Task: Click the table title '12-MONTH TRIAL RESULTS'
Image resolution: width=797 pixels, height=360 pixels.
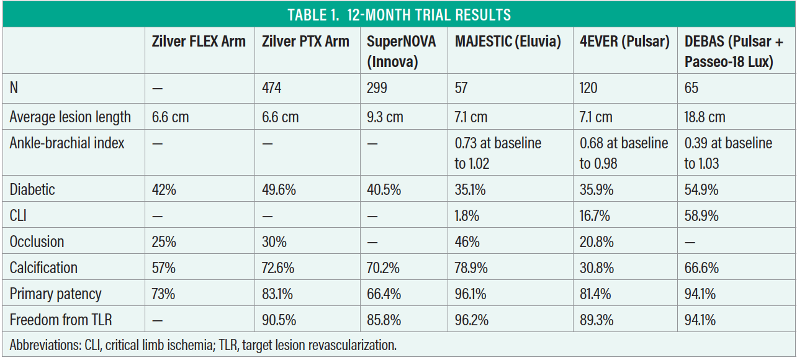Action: [x=398, y=14]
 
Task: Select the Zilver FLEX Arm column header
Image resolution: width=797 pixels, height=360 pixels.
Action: [x=199, y=42]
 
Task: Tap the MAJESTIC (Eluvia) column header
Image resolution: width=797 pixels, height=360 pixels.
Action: [x=508, y=42]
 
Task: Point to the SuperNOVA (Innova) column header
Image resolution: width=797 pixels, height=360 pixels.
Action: [x=402, y=51]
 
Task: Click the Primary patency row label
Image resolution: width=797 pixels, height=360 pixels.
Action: [x=55, y=294]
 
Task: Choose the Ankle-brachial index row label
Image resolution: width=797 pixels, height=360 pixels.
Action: [x=67, y=143]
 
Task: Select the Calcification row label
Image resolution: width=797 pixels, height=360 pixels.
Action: [x=43, y=268]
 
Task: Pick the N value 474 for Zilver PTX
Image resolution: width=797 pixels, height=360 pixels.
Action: [x=271, y=88]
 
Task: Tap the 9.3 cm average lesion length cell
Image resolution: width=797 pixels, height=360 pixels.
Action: [x=385, y=117]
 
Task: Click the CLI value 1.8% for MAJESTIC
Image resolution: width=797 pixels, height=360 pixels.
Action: [x=467, y=215]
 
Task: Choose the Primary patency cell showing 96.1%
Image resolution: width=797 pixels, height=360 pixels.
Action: [x=470, y=294]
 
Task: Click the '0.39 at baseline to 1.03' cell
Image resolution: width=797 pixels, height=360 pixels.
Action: [x=728, y=153]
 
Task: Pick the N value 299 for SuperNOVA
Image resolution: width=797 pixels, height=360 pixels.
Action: [x=377, y=88]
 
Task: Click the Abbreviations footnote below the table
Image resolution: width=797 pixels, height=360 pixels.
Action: [x=203, y=345]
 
